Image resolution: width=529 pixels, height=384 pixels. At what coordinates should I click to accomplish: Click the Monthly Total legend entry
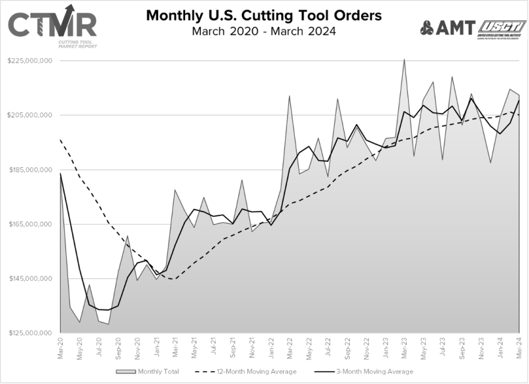149,372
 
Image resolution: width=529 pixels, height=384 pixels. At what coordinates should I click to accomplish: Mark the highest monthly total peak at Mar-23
404,59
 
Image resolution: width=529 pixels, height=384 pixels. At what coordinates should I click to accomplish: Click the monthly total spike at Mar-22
289,96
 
